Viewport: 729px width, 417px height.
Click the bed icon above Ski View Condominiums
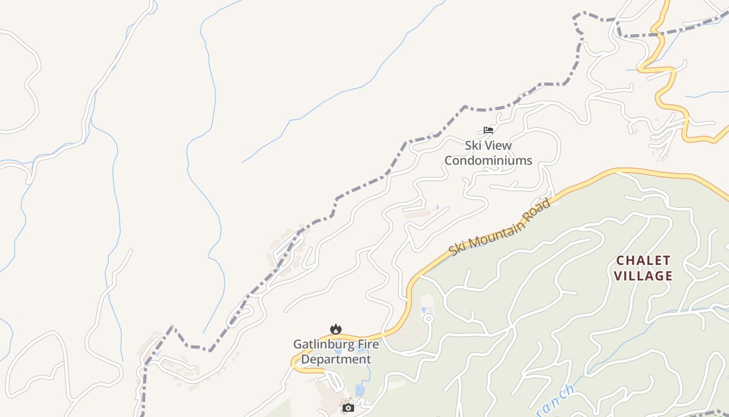[488, 130]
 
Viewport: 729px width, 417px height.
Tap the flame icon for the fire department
[336, 329]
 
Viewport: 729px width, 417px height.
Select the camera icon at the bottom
[348, 408]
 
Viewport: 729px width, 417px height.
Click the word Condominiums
[488, 161]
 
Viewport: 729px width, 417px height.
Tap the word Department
[336, 360]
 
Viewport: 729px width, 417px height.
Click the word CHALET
[644, 260]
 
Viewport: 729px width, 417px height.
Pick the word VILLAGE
[644, 276]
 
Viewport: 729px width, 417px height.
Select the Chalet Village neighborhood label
[644, 268]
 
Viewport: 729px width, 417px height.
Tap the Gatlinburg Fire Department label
[336, 352]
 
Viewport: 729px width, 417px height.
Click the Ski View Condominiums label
[488, 153]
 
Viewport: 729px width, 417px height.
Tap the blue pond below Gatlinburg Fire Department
[360, 390]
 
